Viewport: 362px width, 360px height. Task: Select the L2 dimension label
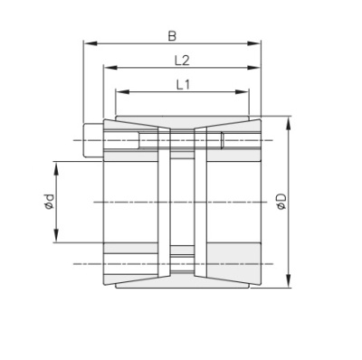pyautogui.click(x=181, y=60)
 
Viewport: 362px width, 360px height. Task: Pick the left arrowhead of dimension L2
pyautogui.click(x=107, y=67)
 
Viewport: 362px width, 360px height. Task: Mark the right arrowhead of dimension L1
pyautogui.click(x=246, y=91)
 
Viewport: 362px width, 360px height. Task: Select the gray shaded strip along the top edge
pyautogui.click(x=181, y=122)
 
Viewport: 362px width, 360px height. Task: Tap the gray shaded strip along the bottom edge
pyautogui.click(x=181, y=281)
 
